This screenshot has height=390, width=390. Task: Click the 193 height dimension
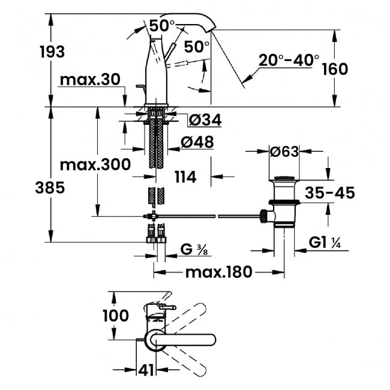[x=52, y=52]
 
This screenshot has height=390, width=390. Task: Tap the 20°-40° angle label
[x=289, y=60]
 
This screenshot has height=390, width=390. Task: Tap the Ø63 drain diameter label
[x=284, y=152]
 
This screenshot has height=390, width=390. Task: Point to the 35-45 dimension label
[x=330, y=193]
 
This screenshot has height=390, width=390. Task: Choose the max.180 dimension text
[x=218, y=272]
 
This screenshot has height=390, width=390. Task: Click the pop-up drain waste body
[x=284, y=202]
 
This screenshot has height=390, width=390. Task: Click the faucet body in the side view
[x=158, y=78]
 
